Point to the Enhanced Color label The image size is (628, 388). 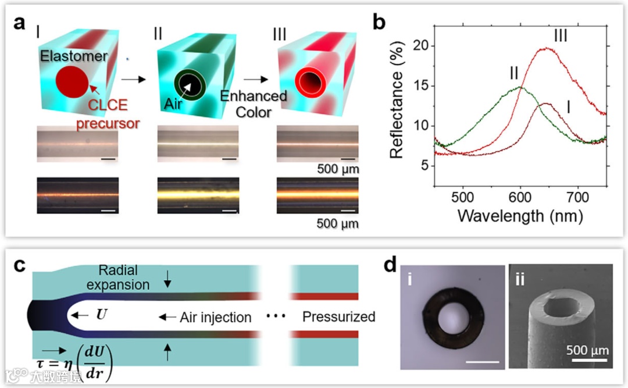(x=254, y=103)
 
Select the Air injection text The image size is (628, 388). (x=215, y=317)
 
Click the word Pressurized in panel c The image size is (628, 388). (x=338, y=317)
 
